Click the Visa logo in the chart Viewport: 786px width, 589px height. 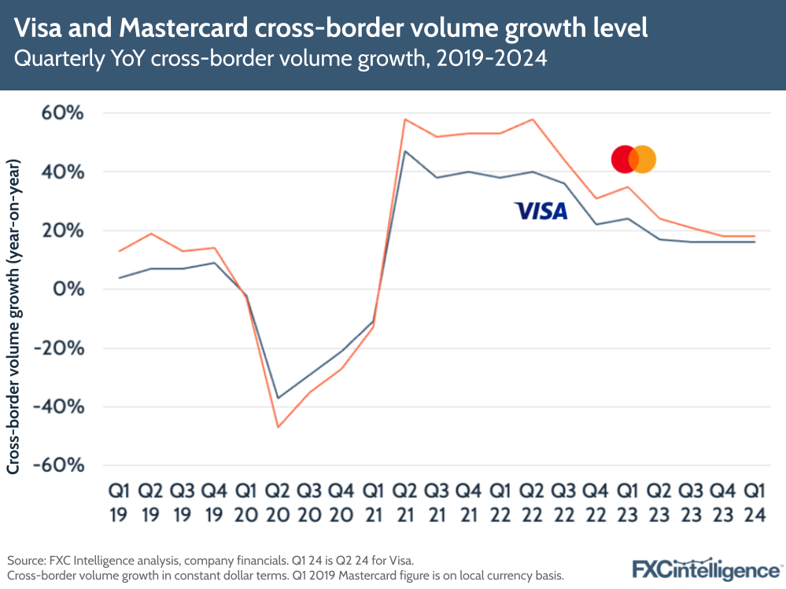[x=541, y=211]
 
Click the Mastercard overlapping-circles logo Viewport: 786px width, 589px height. [x=633, y=160]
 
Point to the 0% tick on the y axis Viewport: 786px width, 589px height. [x=69, y=289]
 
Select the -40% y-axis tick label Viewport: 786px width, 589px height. [x=58, y=407]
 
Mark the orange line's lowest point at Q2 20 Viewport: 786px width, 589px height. [x=278, y=427]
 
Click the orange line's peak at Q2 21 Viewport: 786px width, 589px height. [x=404, y=120]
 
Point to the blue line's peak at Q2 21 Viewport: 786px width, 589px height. [x=404, y=151]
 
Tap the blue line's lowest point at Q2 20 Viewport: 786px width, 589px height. [x=278, y=398]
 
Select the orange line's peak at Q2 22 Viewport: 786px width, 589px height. [x=532, y=120]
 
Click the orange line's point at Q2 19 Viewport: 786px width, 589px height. [x=150, y=234]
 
